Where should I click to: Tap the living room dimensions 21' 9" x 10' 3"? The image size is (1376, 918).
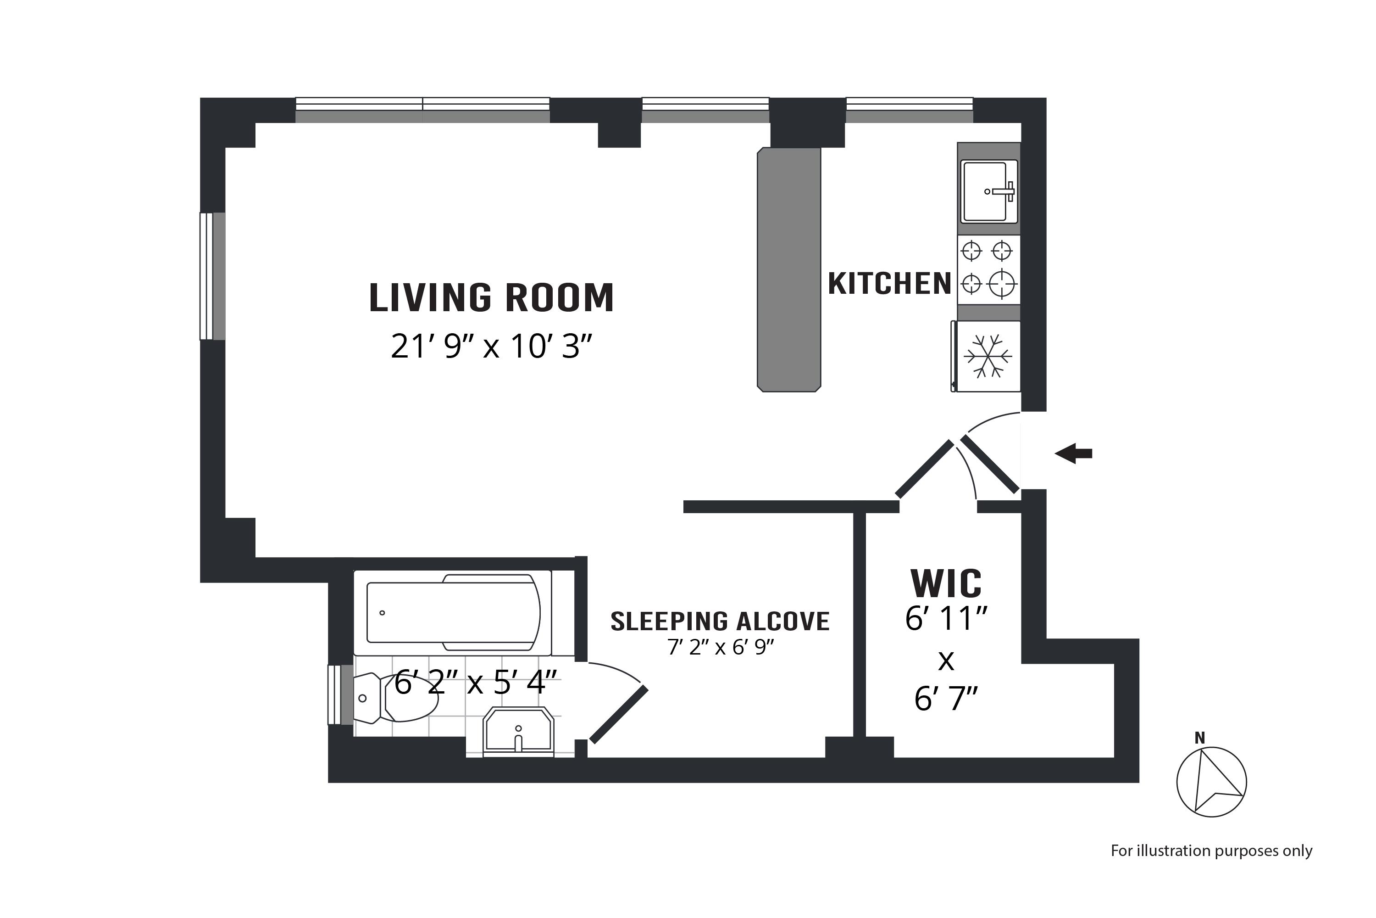click(491, 346)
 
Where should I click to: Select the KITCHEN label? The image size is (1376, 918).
click(889, 284)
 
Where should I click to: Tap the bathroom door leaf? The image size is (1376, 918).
click(619, 714)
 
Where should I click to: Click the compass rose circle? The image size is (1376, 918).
click(1212, 782)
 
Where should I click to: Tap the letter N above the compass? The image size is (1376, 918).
click(1200, 738)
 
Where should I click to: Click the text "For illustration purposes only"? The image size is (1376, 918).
click(1212, 851)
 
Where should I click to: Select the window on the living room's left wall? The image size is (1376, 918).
click(212, 276)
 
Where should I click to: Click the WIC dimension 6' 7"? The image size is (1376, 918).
click(946, 699)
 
